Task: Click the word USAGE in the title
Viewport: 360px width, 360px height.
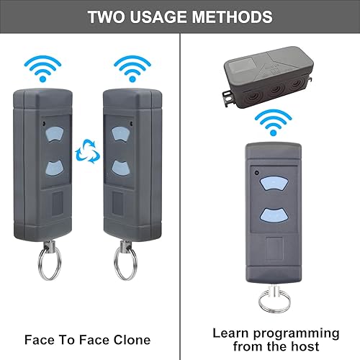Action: tap(158, 17)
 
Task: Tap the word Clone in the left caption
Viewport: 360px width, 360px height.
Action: tap(132, 340)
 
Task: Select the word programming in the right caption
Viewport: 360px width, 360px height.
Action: tap(296, 334)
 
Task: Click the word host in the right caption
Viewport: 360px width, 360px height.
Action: tap(305, 346)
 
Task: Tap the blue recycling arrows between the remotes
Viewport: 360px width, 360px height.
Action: tap(88, 152)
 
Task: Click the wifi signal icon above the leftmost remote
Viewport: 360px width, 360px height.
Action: tap(42, 69)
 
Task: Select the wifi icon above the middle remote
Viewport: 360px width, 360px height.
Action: tap(132, 69)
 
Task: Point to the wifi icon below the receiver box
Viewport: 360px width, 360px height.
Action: tap(273, 122)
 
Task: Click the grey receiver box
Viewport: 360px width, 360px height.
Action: tap(269, 77)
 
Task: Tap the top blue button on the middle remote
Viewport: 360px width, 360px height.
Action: tap(120, 134)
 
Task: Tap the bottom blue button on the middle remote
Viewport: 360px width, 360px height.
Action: tap(121, 168)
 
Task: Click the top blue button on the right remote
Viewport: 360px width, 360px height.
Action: tap(274, 184)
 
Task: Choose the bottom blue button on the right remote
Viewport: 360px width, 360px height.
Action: tap(274, 215)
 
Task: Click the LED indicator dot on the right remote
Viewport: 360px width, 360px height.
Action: tap(256, 173)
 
